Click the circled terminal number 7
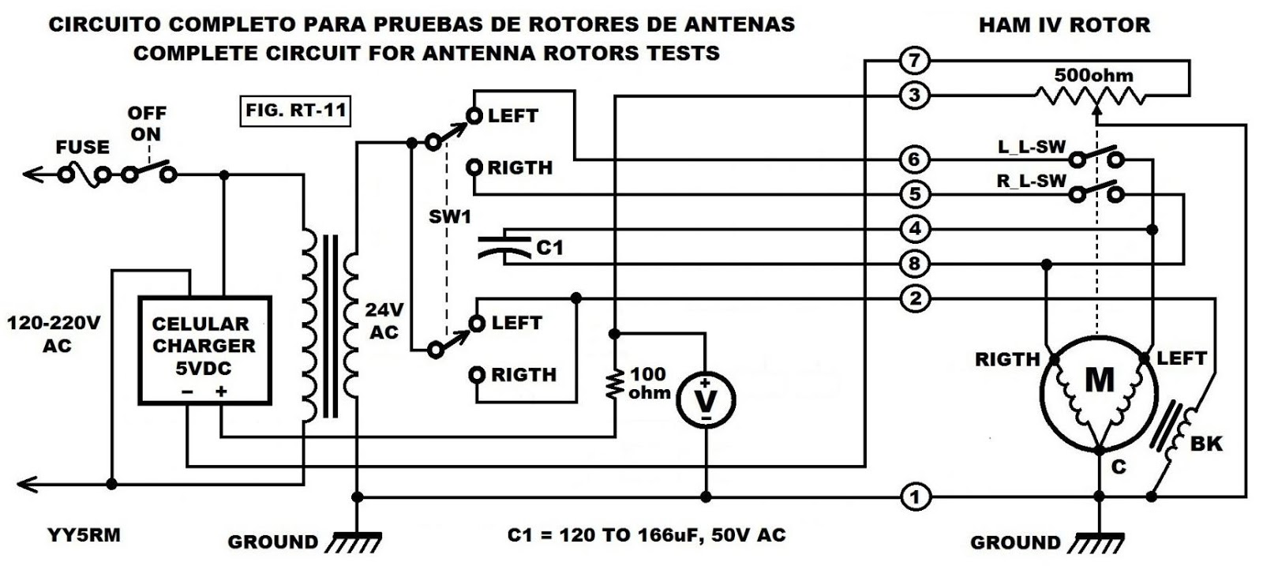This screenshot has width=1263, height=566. [914, 60]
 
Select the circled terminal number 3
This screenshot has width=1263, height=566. [914, 96]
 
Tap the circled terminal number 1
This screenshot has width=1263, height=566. [914, 497]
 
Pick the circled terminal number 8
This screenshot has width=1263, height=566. [914, 264]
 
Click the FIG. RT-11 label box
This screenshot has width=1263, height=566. [296, 111]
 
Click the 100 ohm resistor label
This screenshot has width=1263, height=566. [648, 383]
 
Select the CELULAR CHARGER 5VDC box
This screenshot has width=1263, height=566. [204, 350]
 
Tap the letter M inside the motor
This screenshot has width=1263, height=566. [1099, 381]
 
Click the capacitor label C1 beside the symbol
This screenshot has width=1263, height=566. [549, 248]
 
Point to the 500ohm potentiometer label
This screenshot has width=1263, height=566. [1093, 76]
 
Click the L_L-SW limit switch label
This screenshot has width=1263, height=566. [1031, 147]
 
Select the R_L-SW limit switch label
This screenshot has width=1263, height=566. [1031, 181]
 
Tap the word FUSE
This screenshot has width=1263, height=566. [82, 148]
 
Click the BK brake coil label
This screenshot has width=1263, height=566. [1205, 444]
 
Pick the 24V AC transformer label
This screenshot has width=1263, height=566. [384, 320]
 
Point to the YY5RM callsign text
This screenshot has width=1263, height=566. [83, 535]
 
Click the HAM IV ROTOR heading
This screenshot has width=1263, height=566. [1064, 25]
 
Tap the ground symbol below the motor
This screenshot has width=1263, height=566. [1099, 540]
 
